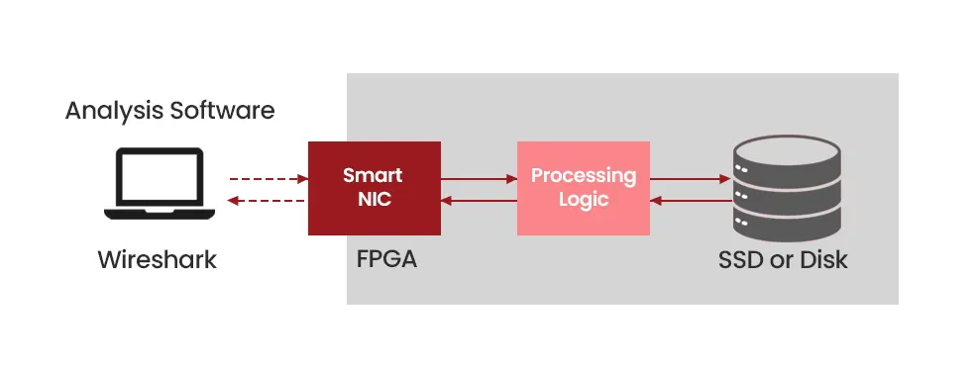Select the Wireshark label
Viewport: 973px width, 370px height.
pyautogui.click(x=157, y=261)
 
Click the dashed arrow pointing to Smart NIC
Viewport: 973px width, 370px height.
pyautogui.click(x=268, y=179)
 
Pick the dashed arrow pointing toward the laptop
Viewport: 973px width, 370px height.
pyautogui.click(x=268, y=201)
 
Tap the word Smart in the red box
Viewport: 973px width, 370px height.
pyautogui.click(x=373, y=175)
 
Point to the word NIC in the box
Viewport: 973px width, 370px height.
pyautogui.click(x=373, y=198)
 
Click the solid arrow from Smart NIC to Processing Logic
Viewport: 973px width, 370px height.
pyautogui.click(x=479, y=179)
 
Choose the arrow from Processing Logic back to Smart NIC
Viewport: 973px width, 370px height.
pyautogui.click(x=479, y=201)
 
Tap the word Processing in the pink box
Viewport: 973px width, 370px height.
pyautogui.click(x=583, y=175)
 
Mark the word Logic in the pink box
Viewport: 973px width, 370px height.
pyautogui.click(x=583, y=199)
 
